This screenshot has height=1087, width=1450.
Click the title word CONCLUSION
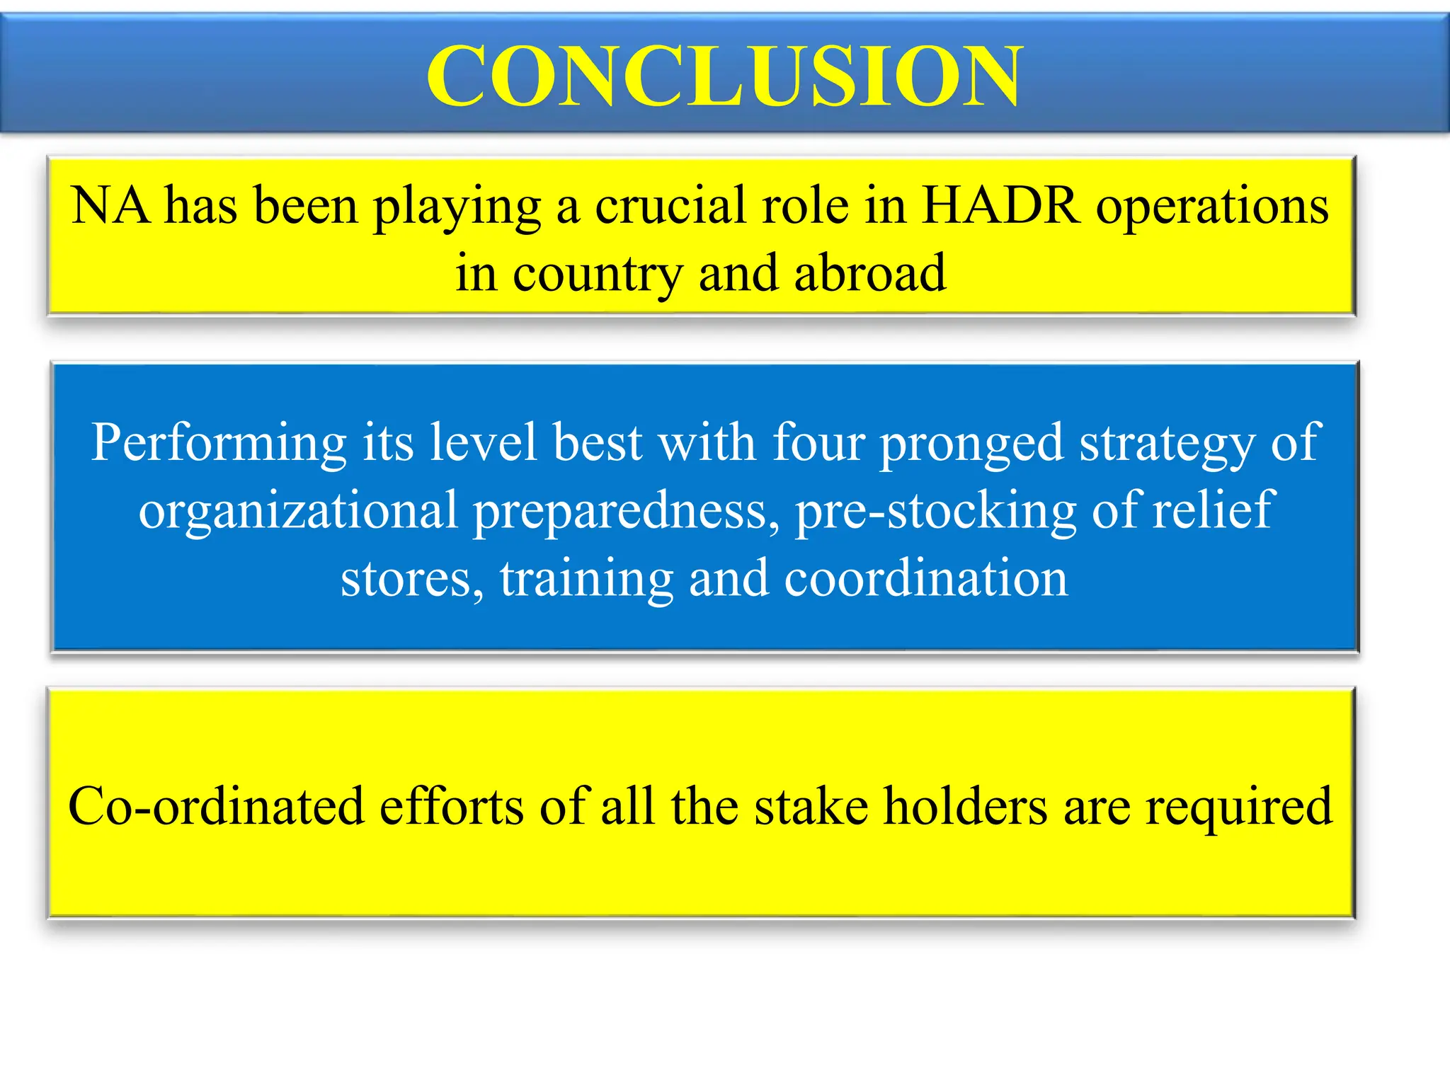click(724, 76)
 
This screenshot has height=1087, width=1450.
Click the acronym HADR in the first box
click(1001, 206)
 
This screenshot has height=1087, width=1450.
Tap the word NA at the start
click(110, 206)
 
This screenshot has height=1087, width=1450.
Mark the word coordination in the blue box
click(925, 578)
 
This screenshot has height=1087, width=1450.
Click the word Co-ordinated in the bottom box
click(216, 807)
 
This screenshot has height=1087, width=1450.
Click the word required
click(1239, 808)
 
